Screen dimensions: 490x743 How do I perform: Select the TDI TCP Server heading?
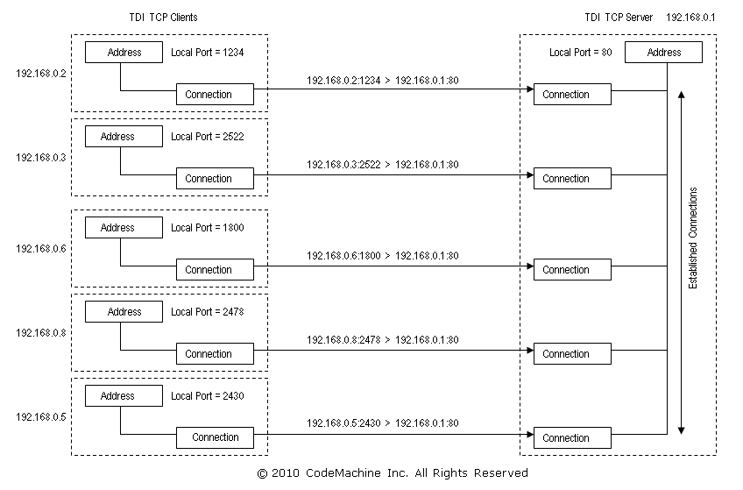(619, 18)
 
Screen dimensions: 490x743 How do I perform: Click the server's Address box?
(664, 53)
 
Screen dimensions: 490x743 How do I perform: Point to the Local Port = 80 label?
(580, 53)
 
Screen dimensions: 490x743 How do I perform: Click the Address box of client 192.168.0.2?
(124, 53)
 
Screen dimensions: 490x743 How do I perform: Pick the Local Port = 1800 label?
(207, 228)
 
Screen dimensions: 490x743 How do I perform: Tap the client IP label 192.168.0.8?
(40, 333)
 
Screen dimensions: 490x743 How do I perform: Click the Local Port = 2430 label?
(207, 396)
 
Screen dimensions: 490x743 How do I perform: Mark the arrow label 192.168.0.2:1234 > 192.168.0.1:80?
(383, 81)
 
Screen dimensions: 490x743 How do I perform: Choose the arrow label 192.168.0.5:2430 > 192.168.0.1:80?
(383, 423)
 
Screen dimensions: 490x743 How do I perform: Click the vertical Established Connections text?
(693, 238)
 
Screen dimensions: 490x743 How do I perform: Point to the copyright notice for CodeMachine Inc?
(393, 473)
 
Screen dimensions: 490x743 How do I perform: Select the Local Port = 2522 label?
(207, 137)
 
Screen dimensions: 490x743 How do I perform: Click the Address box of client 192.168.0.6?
(117, 228)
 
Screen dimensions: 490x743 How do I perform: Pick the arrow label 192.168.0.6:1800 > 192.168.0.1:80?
(383, 256)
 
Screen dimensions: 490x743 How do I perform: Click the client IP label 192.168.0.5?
(40, 417)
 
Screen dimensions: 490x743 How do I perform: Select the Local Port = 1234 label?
(207, 53)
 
